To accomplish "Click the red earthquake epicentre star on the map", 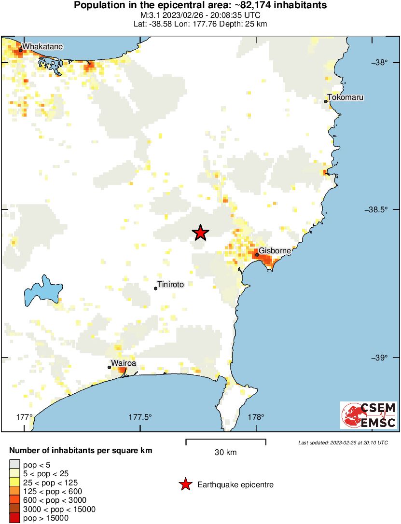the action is (201, 233).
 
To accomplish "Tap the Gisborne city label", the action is (275, 251).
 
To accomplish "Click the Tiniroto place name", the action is (171, 285).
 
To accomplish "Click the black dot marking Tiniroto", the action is (155, 289).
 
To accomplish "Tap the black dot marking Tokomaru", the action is (326, 101).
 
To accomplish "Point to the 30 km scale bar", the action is (226, 440).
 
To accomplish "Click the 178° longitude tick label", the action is (256, 417).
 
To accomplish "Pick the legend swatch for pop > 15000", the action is (14, 518).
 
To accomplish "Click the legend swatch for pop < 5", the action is (14, 465).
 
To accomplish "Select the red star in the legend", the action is (185, 485).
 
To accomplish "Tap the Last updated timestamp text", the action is (343, 442).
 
